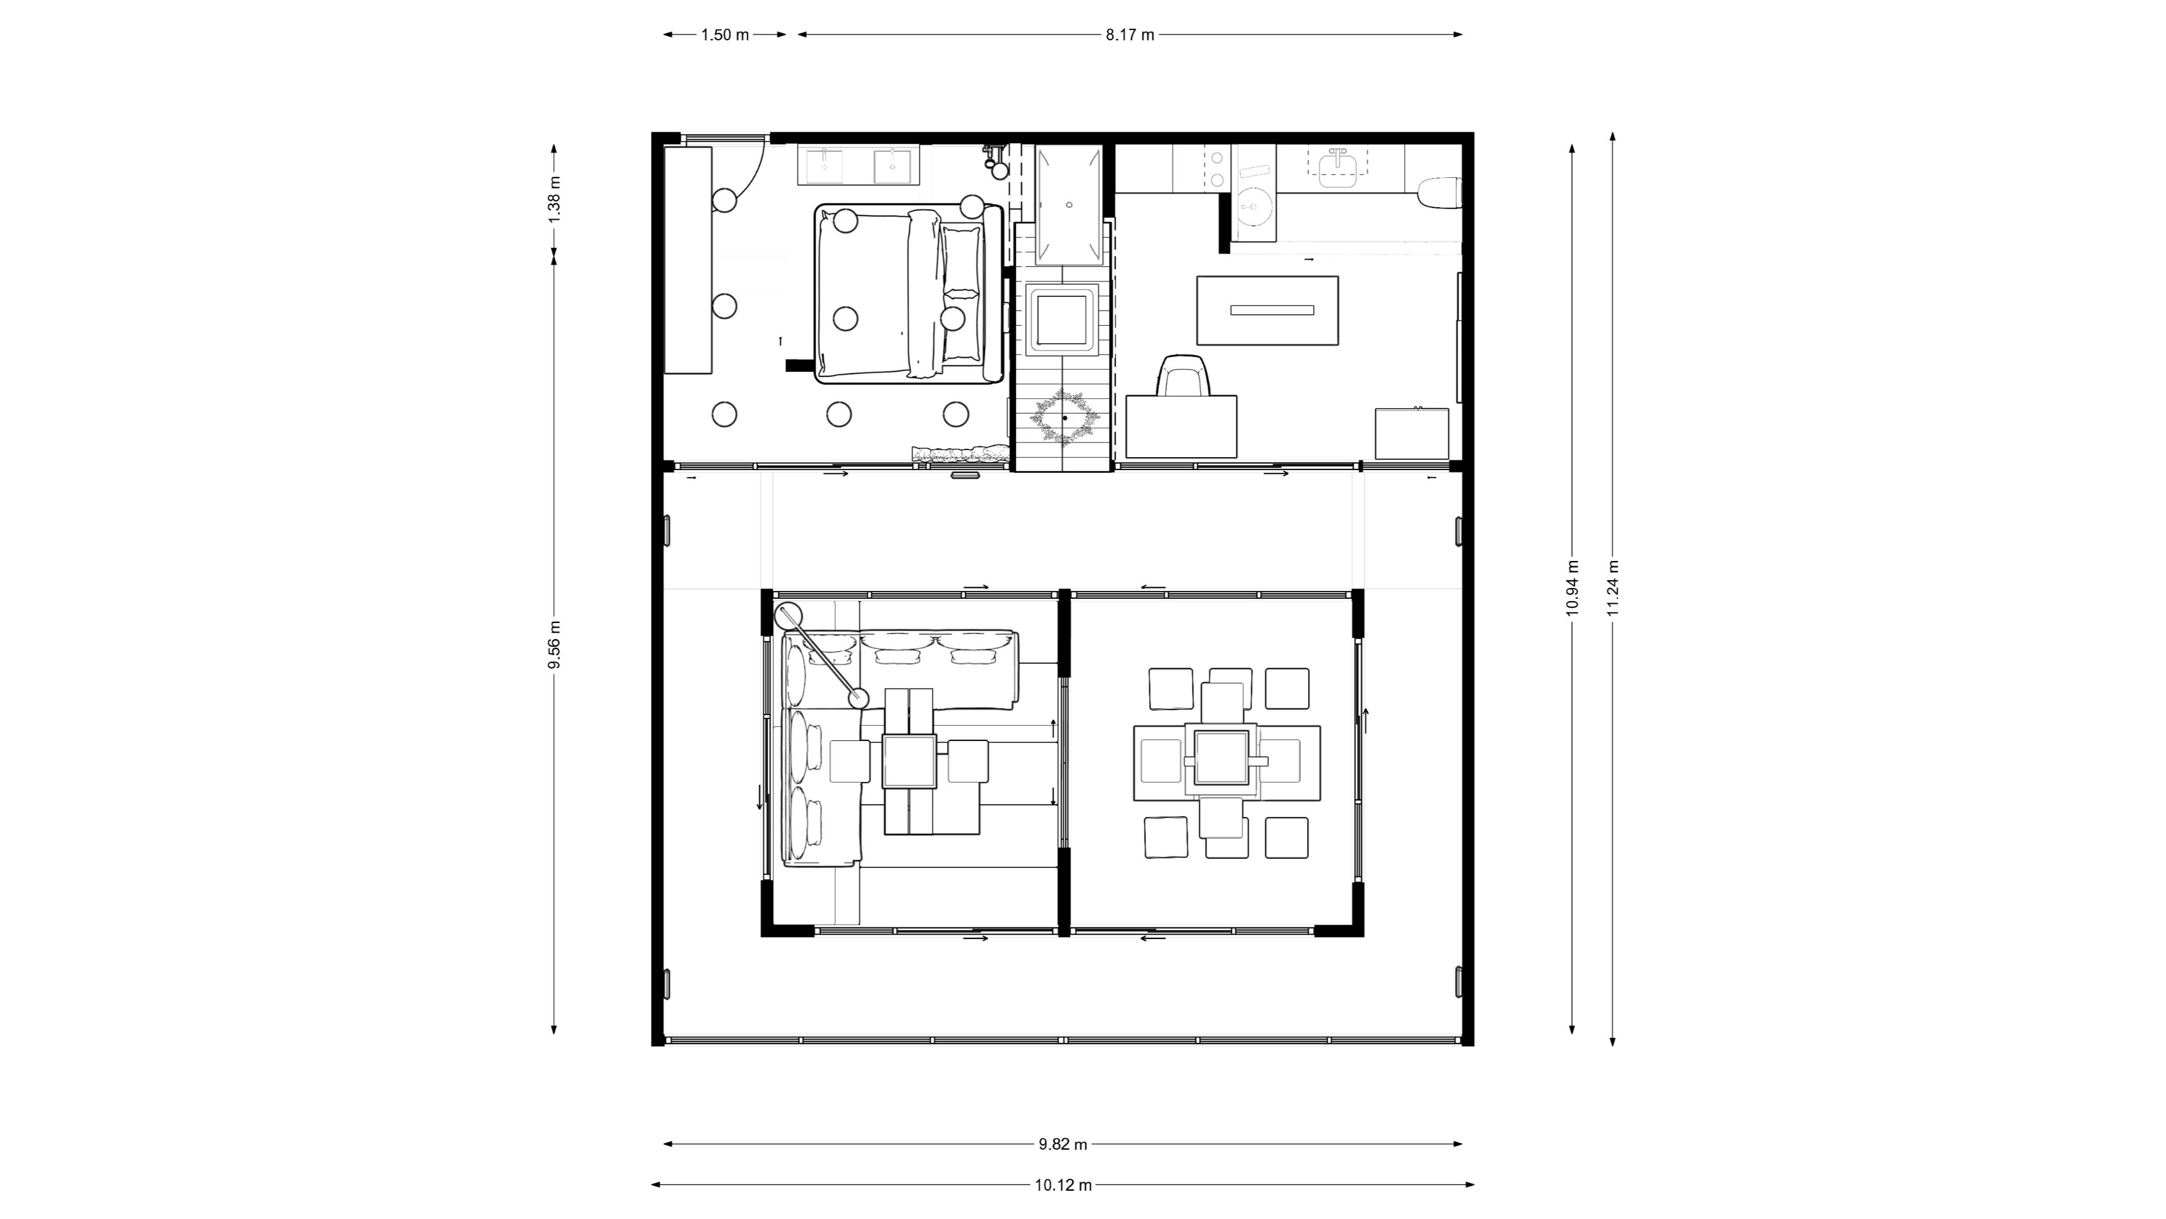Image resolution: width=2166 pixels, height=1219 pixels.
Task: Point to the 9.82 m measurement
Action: [x=1063, y=1144]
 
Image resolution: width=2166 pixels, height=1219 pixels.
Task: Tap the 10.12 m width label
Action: [x=1063, y=1185]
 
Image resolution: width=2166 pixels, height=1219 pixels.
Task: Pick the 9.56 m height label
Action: [x=554, y=644]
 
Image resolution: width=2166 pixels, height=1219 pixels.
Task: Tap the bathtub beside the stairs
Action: [x=1069, y=204]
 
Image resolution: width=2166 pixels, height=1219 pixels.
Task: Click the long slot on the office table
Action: [x=1271, y=310]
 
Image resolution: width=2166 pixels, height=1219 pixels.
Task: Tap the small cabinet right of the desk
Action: [x=1412, y=433]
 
